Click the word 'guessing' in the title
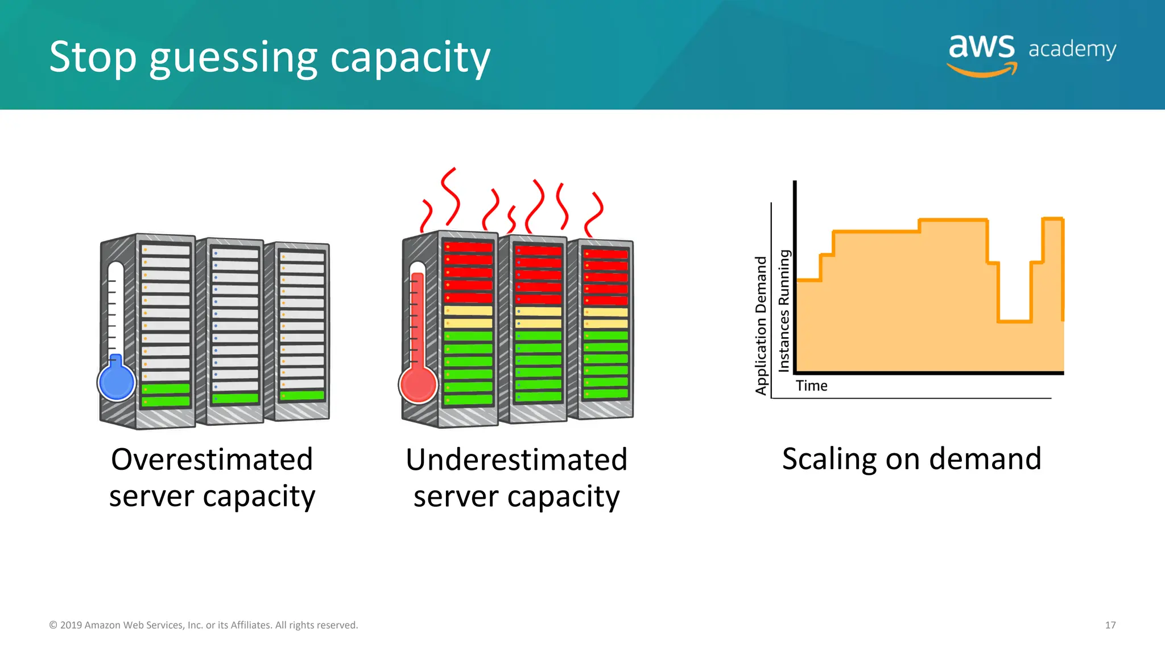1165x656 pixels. click(x=233, y=58)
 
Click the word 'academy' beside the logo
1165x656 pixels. click(x=1072, y=50)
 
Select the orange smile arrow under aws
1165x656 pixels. click(x=982, y=71)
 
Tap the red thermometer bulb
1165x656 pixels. click(x=418, y=384)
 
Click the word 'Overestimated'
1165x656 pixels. click(x=212, y=459)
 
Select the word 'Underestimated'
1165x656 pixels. click(x=516, y=459)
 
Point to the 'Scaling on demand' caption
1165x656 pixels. click(x=911, y=459)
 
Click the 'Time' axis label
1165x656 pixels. click(x=811, y=386)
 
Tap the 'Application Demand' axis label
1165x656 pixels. click(x=761, y=325)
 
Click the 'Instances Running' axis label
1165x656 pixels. click(x=784, y=310)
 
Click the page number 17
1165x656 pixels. click(x=1110, y=625)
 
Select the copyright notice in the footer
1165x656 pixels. click(x=204, y=625)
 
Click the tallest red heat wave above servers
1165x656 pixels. click(x=451, y=196)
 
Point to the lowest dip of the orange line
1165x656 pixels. click(x=1014, y=321)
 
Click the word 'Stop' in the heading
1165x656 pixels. click(x=93, y=57)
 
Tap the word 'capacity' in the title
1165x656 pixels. click(x=410, y=58)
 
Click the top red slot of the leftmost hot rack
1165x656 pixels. click(x=468, y=247)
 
